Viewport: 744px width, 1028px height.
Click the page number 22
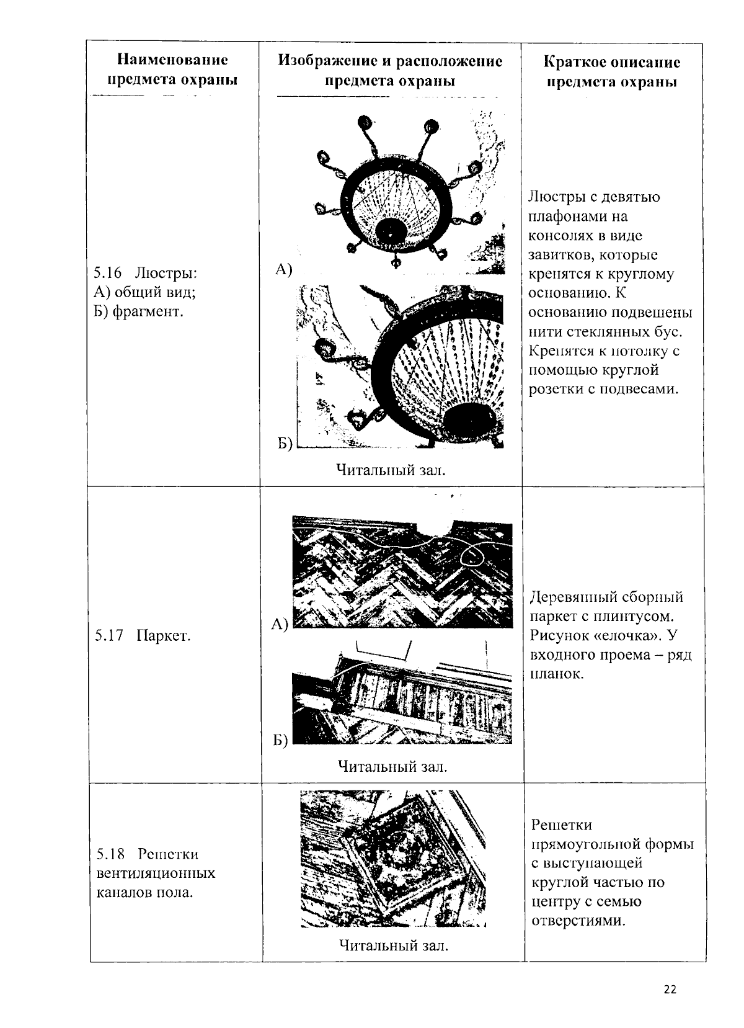point(670,990)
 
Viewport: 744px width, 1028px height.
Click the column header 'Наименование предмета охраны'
point(172,70)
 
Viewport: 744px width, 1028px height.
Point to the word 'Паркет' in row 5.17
point(164,636)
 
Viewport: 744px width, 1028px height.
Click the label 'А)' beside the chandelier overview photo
point(283,269)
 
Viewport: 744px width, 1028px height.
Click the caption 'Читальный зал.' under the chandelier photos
point(391,470)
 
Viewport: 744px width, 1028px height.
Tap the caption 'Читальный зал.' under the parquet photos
point(392,767)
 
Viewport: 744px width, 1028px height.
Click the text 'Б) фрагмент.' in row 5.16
point(138,311)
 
